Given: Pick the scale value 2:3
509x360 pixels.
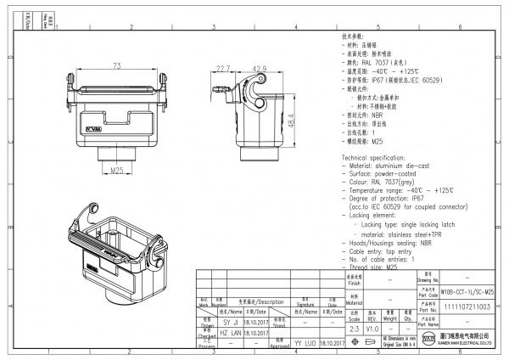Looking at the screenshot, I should (x=353, y=327).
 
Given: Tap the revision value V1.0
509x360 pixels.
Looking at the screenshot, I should (x=374, y=327).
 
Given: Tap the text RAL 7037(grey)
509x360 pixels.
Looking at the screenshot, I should (x=390, y=181).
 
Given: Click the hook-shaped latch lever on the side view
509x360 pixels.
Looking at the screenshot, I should (x=254, y=87).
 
